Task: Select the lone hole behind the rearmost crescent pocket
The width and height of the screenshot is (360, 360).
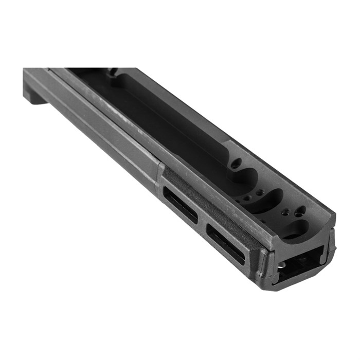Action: tap(236, 164)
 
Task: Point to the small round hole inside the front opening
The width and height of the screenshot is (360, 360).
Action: tap(281, 265)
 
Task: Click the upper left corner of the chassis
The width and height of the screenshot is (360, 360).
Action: tap(25, 69)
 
